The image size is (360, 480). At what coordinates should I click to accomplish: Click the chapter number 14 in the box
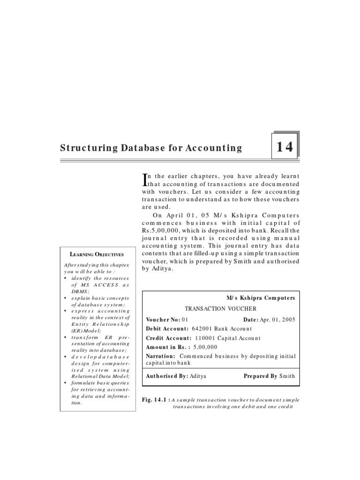click(285, 147)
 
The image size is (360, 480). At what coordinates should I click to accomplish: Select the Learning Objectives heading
click(97, 255)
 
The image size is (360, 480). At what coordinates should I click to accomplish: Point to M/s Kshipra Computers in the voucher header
click(261, 298)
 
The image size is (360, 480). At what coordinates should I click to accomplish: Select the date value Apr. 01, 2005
click(278, 319)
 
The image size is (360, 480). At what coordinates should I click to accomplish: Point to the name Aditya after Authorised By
click(198, 376)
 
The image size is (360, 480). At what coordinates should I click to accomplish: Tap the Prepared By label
click(260, 376)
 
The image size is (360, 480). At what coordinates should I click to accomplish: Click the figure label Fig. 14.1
click(155, 400)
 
